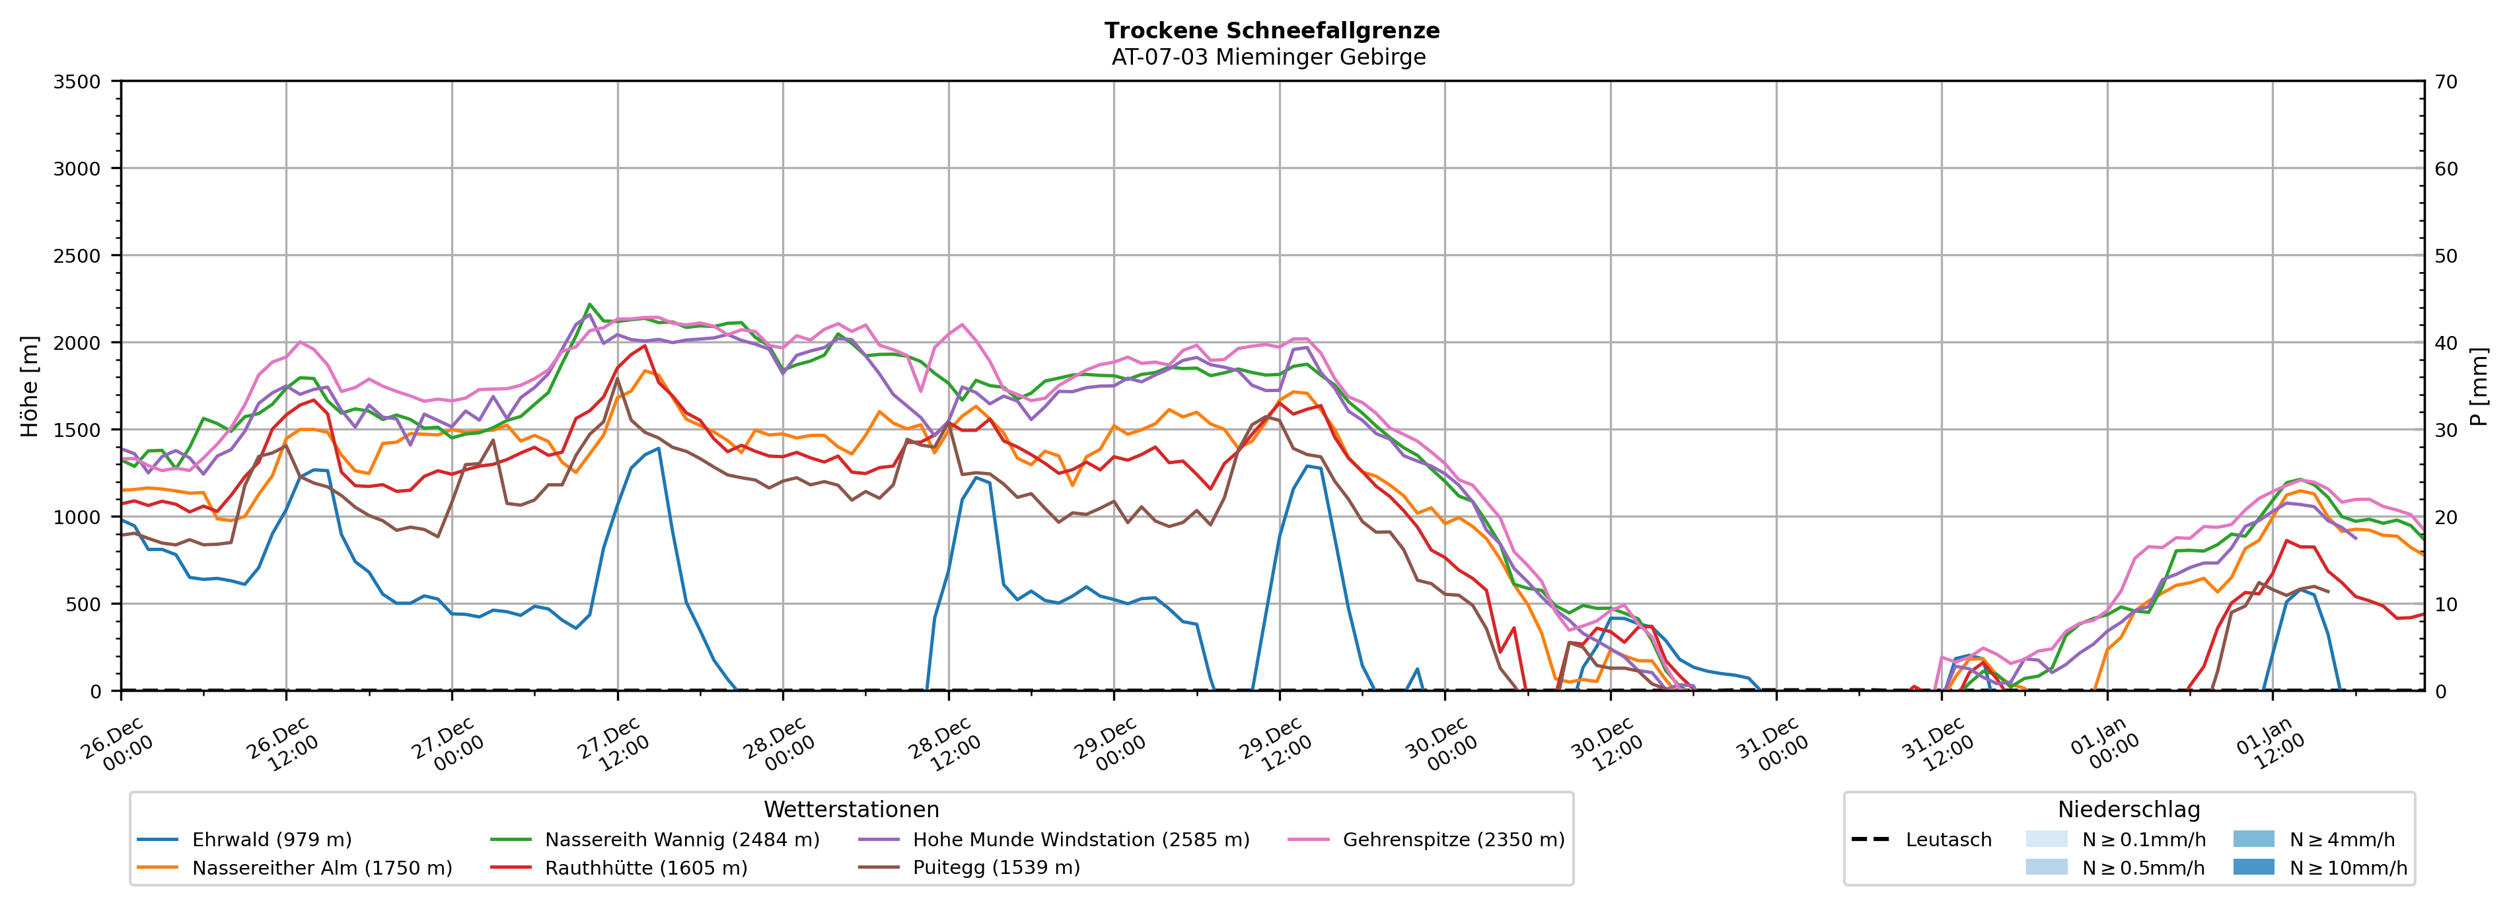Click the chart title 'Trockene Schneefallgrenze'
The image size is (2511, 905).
pyautogui.click(x=1271, y=30)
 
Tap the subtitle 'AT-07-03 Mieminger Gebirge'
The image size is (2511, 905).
pyautogui.click(x=1268, y=57)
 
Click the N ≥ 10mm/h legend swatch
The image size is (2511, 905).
pyautogui.click(x=2253, y=867)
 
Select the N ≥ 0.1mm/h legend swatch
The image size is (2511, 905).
pyautogui.click(x=2046, y=840)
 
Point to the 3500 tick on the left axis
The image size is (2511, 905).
pyautogui.click(x=77, y=82)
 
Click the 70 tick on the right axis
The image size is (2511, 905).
pyautogui.click(x=2446, y=82)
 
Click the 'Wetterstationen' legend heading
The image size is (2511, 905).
pyautogui.click(x=851, y=809)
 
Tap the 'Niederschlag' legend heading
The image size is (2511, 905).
pyautogui.click(x=2128, y=809)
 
